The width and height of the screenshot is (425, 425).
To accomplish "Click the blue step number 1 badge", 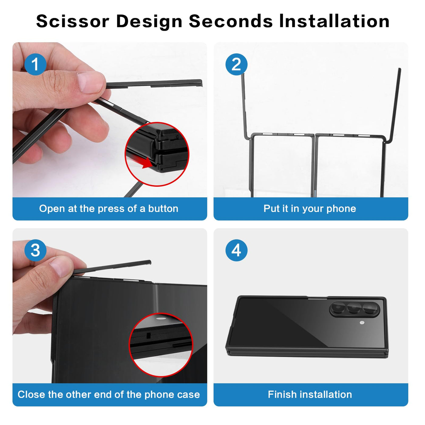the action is (35, 64).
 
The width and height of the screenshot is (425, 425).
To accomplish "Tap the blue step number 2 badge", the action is (236, 64).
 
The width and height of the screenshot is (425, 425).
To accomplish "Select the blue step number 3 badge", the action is (35, 250).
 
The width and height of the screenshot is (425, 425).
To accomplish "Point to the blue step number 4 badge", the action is (236, 250).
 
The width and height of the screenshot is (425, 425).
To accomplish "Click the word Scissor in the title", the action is (73, 21).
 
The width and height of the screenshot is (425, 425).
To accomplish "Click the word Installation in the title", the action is (334, 21).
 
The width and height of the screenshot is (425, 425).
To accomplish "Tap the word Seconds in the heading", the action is (231, 21).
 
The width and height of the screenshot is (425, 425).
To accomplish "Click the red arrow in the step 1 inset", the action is (141, 161).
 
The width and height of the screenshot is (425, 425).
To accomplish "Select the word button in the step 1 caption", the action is (163, 209).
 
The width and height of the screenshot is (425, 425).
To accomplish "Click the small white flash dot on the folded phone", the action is (362, 322).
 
